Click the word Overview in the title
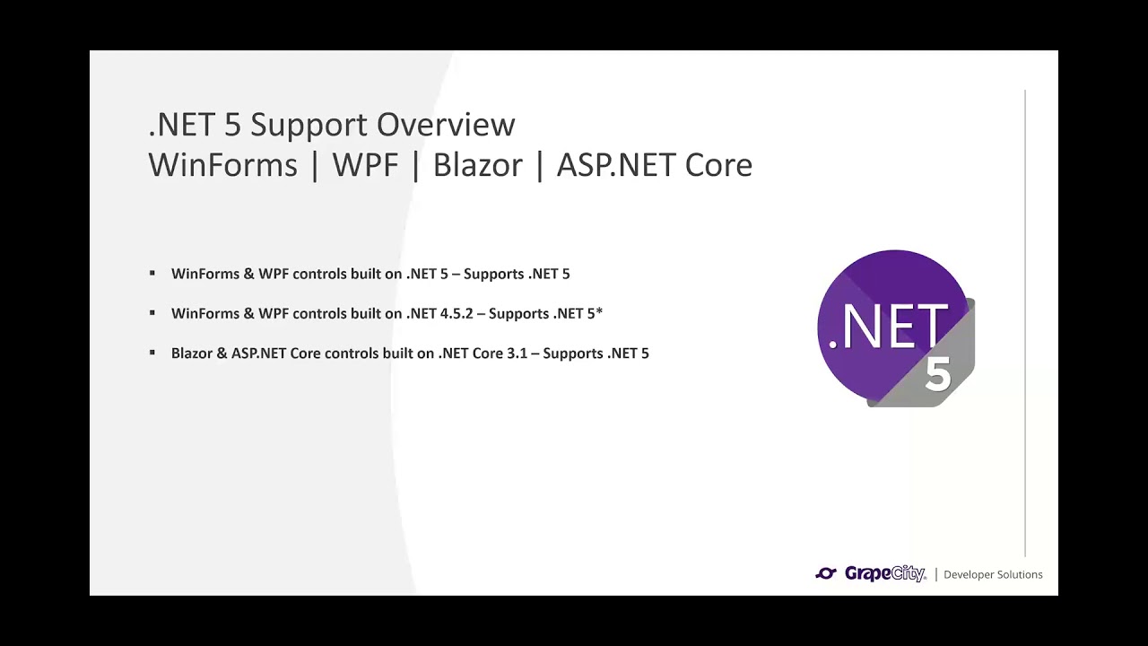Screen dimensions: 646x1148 pyautogui.click(x=446, y=125)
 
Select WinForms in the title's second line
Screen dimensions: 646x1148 pyautogui.click(x=222, y=165)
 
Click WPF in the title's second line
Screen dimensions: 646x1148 pyautogui.click(x=365, y=165)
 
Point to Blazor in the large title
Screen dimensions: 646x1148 pyautogui.click(x=477, y=165)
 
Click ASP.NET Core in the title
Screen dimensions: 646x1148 pyautogui.click(x=654, y=165)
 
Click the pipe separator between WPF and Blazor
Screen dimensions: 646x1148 pyautogui.click(x=415, y=165)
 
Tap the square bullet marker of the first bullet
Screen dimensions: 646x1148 pyautogui.click(x=152, y=273)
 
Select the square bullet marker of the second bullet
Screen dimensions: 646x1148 pyautogui.click(x=152, y=313)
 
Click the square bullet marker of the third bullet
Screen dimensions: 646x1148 pyautogui.click(x=152, y=353)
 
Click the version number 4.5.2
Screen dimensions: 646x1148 pyautogui.click(x=456, y=313)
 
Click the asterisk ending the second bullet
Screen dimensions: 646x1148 pyautogui.click(x=599, y=311)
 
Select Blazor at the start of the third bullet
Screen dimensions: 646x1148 pyautogui.click(x=192, y=354)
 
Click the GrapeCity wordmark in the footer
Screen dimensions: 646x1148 pyautogui.click(x=884, y=574)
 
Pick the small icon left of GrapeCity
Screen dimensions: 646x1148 pyautogui.click(x=826, y=574)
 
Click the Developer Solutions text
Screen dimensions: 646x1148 pyautogui.click(x=993, y=575)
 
